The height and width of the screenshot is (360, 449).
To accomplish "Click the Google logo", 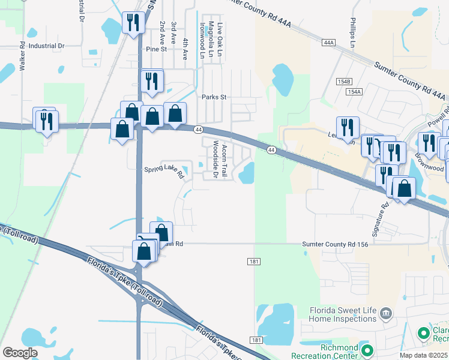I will [x=20, y=353].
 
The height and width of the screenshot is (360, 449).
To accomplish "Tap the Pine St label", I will [x=155, y=49].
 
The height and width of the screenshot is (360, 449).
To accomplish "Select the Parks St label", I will [x=213, y=97].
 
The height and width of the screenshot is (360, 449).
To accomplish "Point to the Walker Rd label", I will [x=22, y=57].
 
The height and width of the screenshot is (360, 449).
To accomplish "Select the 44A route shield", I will [x=328, y=43].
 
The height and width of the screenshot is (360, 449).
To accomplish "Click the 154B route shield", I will [x=344, y=81].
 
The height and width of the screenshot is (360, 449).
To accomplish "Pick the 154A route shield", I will [x=354, y=91].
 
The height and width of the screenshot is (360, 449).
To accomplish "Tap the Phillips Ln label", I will [x=353, y=37].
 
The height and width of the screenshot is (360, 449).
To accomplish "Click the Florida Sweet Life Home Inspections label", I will [x=343, y=314].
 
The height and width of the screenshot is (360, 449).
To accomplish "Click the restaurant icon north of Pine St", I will [x=131, y=23].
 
